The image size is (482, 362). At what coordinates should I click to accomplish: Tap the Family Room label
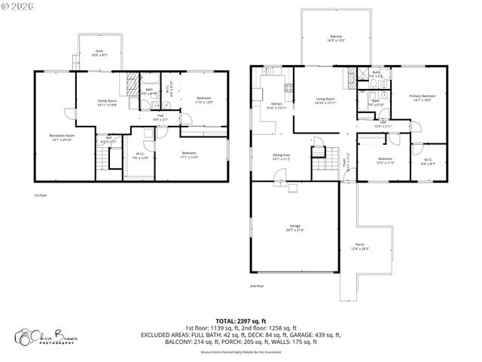click(107, 103)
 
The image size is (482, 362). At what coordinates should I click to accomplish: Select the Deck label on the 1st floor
click(99, 54)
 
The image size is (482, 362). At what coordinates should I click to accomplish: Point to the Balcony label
click(336, 38)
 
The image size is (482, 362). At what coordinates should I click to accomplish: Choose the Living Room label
click(325, 100)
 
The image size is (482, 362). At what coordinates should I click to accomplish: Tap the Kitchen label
click(276, 106)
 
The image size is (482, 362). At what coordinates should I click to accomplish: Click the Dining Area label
click(282, 157)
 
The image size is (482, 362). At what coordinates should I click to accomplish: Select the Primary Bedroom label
click(422, 98)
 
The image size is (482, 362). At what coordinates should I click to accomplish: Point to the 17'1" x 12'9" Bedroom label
click(188, 155)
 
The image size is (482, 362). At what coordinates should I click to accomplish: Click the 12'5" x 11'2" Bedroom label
click(385, 160)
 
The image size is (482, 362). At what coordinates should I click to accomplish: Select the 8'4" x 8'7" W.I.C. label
click(427, 161)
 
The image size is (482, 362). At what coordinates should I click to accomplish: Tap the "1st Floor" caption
click(41, 195)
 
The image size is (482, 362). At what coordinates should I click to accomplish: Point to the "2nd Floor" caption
click(257, 286)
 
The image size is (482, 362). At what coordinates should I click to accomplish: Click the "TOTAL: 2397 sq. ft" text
click(240, 321)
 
